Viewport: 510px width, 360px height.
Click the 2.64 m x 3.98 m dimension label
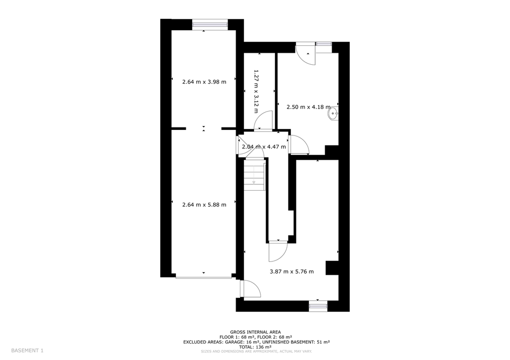point(204,82)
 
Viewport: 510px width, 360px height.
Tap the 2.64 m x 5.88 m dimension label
point(204,205)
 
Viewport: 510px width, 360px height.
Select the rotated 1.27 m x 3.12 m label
point(256,91)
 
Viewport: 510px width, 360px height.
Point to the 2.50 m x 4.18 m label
point(308,107)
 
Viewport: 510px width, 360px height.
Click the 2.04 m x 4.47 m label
point(264,147)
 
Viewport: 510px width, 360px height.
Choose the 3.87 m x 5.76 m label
point(292,271)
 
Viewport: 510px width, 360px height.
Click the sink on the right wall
point(333,114)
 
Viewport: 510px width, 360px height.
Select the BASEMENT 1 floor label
point(27,351)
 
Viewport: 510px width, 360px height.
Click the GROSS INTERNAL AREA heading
point(255,332)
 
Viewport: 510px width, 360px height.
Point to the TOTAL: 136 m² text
point(255,347)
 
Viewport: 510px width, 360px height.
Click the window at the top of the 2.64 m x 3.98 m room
point(210,24)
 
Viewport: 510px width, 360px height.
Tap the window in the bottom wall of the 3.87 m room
point(318,306)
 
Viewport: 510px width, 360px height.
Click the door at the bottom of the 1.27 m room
point(263,121)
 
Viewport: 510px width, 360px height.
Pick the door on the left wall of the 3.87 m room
point(251,289)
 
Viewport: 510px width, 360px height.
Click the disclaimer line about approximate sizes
point(256,352)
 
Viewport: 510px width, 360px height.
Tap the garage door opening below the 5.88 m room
point(204,277)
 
